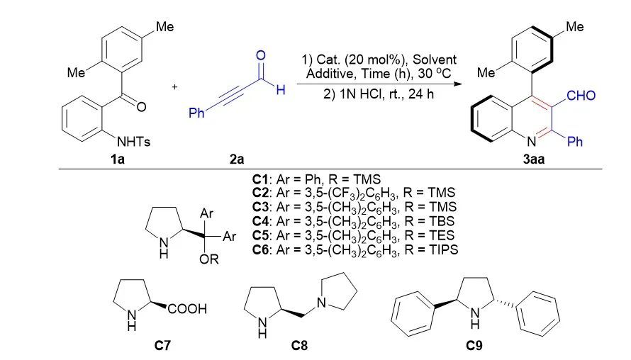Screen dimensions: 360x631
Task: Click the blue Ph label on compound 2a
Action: click(x=196, y=113)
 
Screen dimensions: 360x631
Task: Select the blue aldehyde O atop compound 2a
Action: click(x=261, y=55)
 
